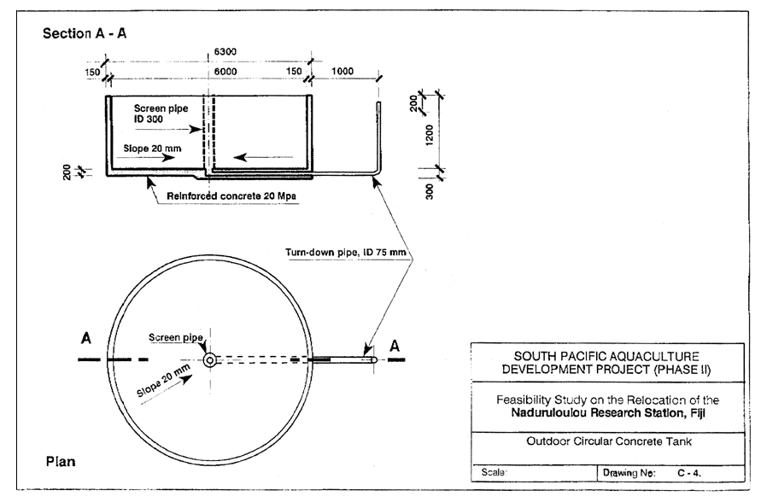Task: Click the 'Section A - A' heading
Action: pyautogui.click(x=84, y=32)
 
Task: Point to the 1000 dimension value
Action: pyautogui.click(x=343, y=73)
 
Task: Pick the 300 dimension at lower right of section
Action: pyautogui.click(x=430, y=190)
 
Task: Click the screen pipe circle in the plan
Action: pyautogui.click(x=209, y=359)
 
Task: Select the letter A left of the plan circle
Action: pyautogui.click(x=85, y=338)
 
